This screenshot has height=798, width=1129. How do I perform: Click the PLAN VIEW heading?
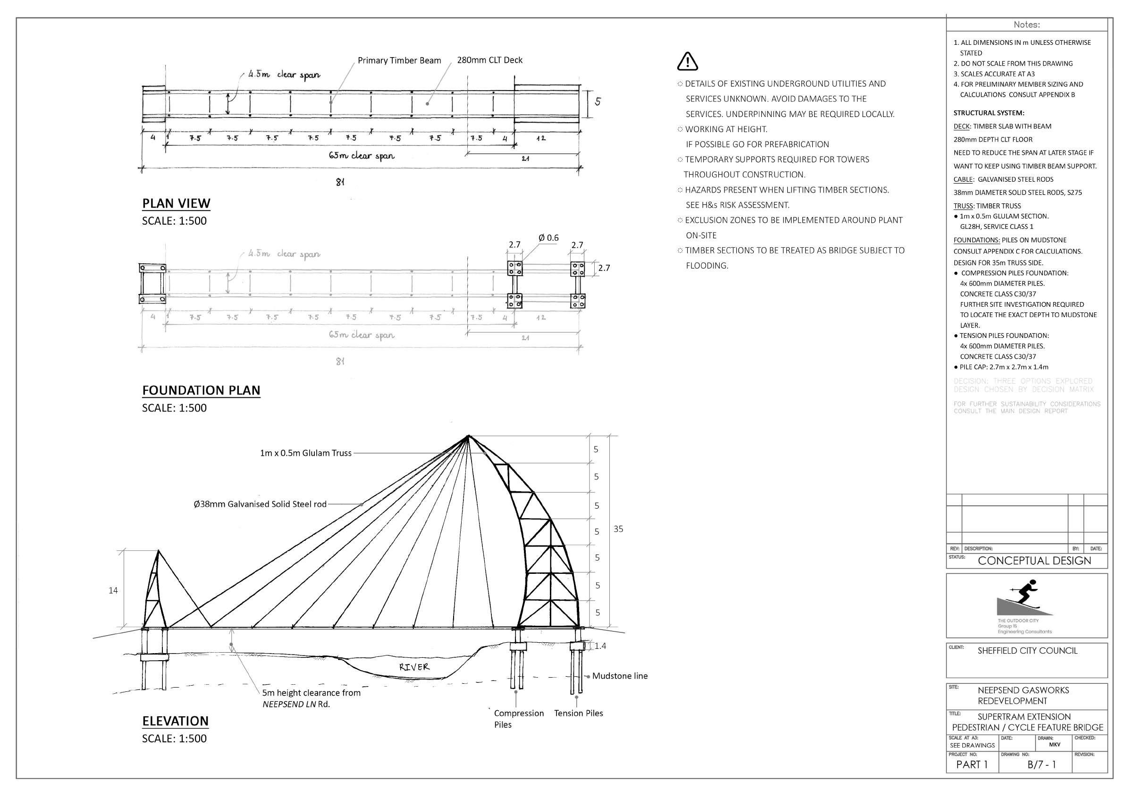pos(176,203)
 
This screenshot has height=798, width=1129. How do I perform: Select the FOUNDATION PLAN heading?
pos(201,390)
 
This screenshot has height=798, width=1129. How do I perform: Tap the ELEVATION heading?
pos(175,721)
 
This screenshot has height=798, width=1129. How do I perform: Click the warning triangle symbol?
pos(687,61)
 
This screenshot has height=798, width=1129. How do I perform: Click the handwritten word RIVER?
pos(414,667)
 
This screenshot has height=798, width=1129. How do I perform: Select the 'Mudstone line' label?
pos(620,676)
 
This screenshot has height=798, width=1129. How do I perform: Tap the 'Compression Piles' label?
pos(518,718)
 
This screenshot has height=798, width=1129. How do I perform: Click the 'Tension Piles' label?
pos(578,713)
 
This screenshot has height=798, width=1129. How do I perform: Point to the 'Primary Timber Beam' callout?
pos(399,60)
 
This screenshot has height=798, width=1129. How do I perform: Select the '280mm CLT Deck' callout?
pos(490,60)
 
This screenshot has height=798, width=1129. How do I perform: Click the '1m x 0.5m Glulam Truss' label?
pos(306,453)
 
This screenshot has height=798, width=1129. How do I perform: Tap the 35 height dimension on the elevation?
pos(618,529)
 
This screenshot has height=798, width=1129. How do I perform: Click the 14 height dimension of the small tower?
pos(113,590)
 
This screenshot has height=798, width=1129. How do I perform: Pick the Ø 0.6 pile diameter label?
pos(549,238)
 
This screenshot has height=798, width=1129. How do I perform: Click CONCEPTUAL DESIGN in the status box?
pos(1034,561)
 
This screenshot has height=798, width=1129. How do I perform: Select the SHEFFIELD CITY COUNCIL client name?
pos(1027,650)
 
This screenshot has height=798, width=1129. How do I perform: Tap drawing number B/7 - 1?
pos(1042,764)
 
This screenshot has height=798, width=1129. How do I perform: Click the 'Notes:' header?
pos(1027,25)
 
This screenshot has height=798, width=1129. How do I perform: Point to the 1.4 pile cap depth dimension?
pos(600,646)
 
